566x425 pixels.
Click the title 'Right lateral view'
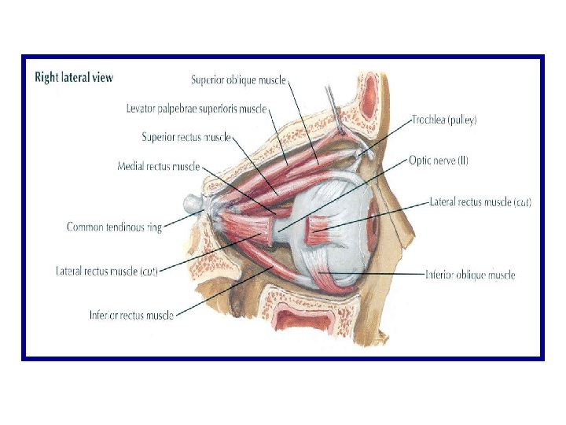click(x=73, y=77)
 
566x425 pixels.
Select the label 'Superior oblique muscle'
click(x=238, y=79)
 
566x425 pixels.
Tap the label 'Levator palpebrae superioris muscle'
click(x=197, y=108)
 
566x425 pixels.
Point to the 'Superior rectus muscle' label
click(x=186, y=137)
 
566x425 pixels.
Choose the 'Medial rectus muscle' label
click(x=158, y=167)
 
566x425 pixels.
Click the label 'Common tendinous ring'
click(x=114, y=227)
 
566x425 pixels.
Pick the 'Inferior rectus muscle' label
click(x=131, y=316)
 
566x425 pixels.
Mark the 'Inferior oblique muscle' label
click(x=469, y=275)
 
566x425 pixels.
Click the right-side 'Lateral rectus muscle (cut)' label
click(x=480, y=202)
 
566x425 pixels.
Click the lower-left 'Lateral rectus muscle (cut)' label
click(x=107, y=272)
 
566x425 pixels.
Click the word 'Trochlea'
click(x=430, y=120)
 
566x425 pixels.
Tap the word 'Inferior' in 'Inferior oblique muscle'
click(x=441, y=275)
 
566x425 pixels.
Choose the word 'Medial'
click(x=131, y=167)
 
